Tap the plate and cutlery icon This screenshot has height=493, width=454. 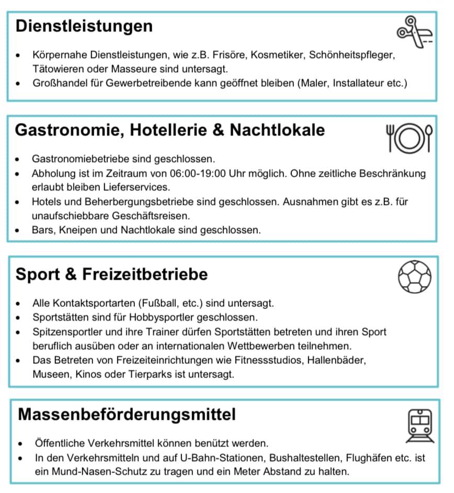pyautogui.click(x=409, y=137)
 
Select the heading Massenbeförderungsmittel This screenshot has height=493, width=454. pyautogui.click(x=127, y=415)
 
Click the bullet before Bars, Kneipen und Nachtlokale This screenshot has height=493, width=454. pyautogui.click(x=19, y=230)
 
